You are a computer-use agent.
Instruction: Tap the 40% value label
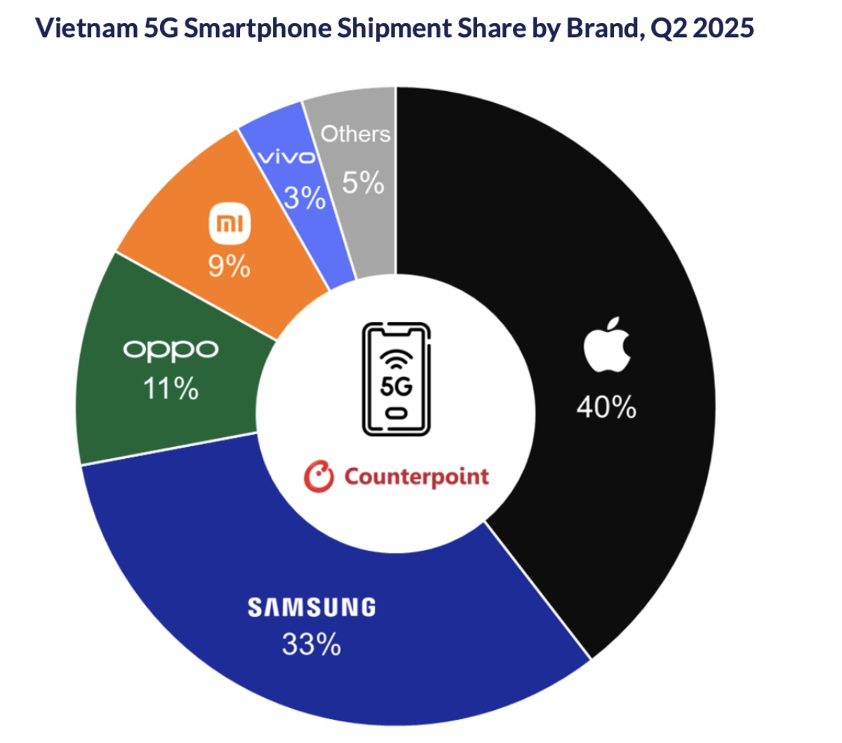[x=606, y=406]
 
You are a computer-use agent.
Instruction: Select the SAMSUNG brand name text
[x=312, y=607]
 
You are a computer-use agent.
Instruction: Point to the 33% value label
[x=312, y=643]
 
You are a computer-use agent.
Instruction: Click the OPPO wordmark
[x=171, y=349]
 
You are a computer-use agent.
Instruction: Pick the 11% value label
[x=171, y=388]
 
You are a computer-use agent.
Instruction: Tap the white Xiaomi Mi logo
[x=229, y=224]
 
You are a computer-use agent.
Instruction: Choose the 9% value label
[x=229, y=266]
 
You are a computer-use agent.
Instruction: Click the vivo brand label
[x=287, y=157]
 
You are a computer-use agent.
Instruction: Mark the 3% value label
[x=305, y=198]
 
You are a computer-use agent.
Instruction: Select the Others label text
[x=355, y=133]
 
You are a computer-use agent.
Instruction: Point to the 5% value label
[x=363, y=183]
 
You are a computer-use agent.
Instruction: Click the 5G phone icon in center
[x=396, y=379]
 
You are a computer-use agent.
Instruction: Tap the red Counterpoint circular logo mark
[x=319, y=476]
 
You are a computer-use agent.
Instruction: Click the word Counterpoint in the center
[x=416, y=476]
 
